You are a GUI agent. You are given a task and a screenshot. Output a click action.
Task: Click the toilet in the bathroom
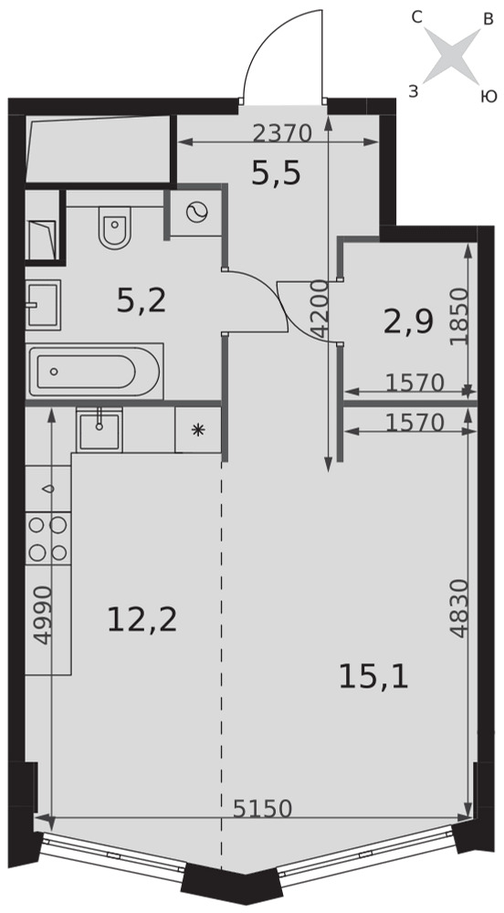115,227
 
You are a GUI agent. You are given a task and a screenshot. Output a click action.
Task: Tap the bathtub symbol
94,371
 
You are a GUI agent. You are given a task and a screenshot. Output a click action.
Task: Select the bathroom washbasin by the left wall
43,305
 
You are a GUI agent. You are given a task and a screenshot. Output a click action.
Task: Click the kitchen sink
100,430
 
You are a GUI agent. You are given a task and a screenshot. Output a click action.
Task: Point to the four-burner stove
48,538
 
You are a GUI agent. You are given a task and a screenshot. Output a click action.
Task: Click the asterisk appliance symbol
198,430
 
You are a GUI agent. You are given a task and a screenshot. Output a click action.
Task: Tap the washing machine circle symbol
196,212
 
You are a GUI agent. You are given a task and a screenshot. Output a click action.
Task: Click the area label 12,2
142,620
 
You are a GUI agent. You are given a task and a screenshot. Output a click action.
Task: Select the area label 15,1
373,677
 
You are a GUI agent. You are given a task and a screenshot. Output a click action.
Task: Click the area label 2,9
408,322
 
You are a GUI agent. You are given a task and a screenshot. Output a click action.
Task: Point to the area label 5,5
276,173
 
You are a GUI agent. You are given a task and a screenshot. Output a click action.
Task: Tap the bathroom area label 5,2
142,301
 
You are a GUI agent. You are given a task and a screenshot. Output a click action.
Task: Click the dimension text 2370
283,134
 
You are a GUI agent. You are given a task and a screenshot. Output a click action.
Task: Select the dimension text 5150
262,808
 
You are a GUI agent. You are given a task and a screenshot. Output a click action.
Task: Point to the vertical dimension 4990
43,614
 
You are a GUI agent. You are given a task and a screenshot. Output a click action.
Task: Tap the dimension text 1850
459,317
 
